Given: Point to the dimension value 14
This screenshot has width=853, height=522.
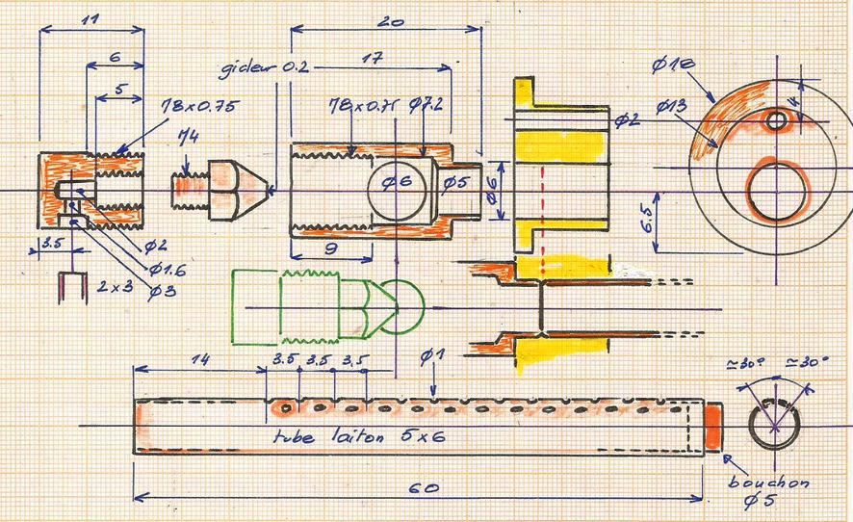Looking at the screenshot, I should point(200,359).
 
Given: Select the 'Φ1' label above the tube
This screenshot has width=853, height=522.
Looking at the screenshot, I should point(432,358).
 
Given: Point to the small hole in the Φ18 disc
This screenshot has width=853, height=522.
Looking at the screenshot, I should point(777,120).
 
